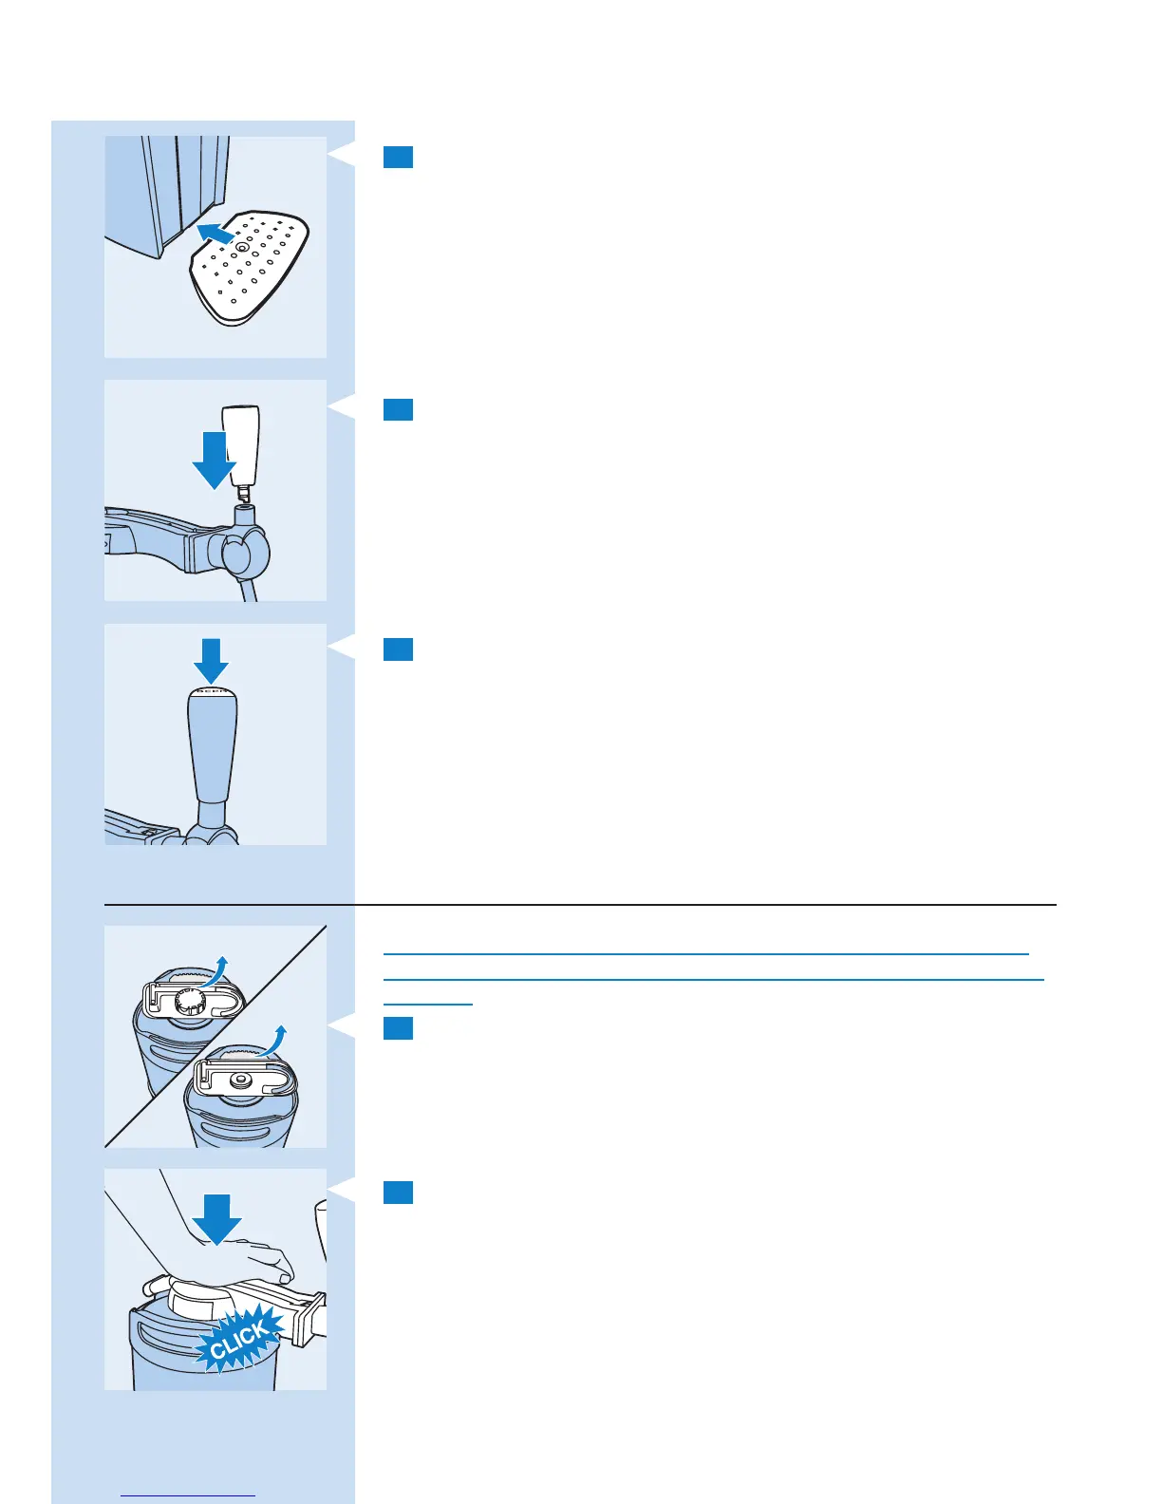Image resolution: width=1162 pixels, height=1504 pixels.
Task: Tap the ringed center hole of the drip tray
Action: pos(242,246)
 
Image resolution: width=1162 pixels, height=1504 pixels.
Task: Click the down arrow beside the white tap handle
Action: pos(214,459)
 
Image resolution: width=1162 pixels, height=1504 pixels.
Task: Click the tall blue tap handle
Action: pos(213,750)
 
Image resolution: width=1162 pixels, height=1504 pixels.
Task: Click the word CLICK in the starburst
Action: pos(239,1340)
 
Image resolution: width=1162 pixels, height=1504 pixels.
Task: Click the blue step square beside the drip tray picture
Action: pos(398,157)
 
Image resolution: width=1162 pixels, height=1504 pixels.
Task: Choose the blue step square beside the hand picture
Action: pos(398,1193)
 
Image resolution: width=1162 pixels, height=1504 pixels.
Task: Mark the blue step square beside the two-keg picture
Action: pos(398,1028)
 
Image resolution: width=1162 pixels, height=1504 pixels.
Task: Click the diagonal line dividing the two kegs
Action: pos(216,1037)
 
